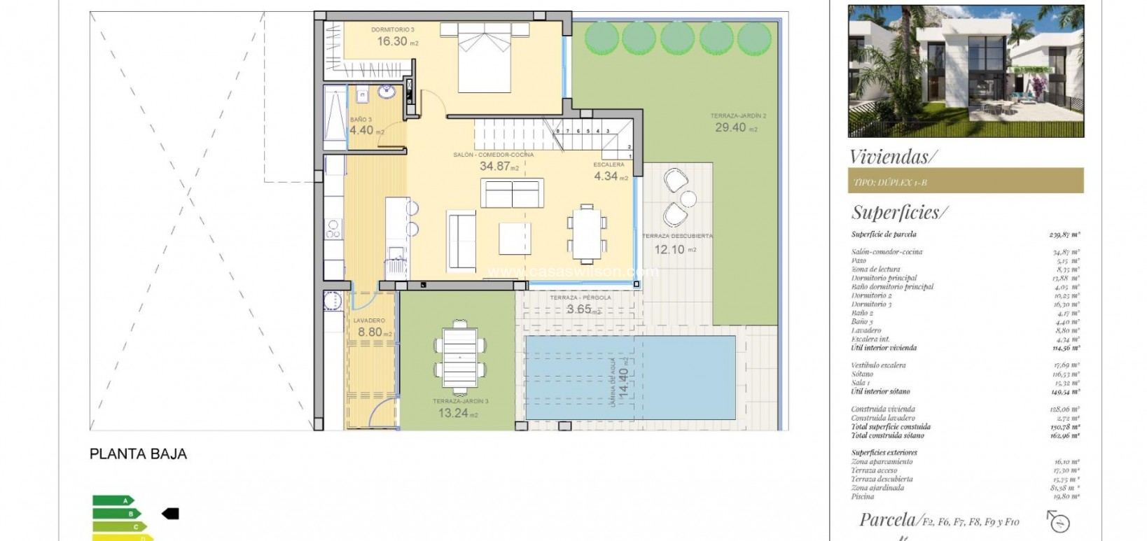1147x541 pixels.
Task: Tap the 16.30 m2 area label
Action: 396,41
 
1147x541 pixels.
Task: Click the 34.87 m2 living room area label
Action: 497,166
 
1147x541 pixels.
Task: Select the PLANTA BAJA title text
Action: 138,454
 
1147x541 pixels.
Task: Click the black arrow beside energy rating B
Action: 170,514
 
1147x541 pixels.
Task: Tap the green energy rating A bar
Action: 113,500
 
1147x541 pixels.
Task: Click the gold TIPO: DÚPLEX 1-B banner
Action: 965,181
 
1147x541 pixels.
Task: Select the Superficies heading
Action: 899,212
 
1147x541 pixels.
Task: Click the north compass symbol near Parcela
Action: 1059,521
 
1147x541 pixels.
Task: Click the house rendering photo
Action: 965,71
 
